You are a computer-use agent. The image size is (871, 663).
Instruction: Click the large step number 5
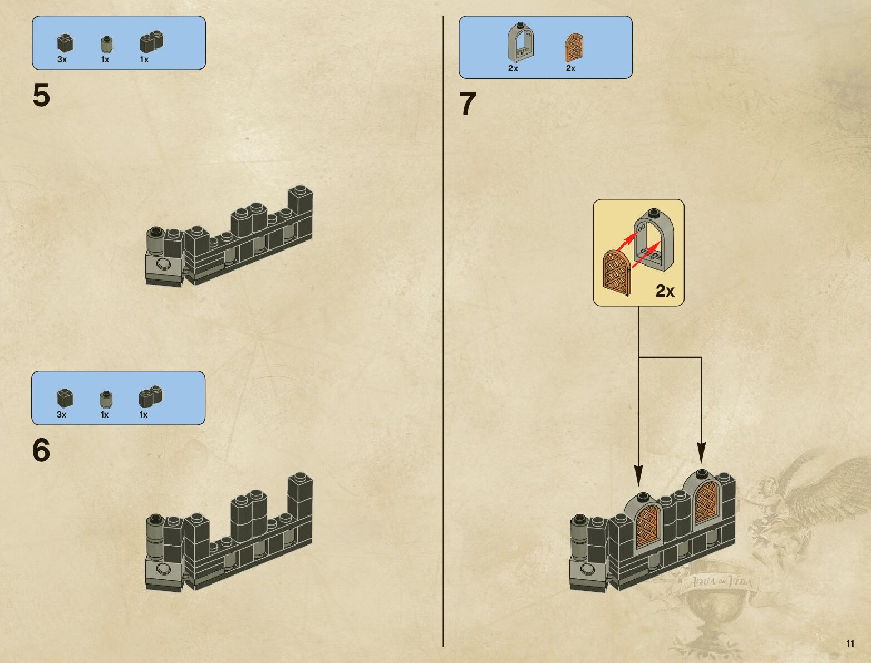click(x=41, y=95)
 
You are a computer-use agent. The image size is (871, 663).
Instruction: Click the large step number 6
click(x=41, y=450)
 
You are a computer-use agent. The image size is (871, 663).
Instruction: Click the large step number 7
click(x=468, y=104)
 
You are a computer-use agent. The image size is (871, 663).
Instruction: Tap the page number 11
click(x=850, y=644)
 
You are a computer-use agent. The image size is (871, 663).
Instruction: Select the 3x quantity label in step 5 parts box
click(x=62, y=60)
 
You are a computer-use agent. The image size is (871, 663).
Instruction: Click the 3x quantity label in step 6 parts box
click(x=61, y=415)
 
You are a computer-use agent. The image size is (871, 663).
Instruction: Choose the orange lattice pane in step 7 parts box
click(x=574, y=47)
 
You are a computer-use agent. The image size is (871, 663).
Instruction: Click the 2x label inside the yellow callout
click(x=665, y=291)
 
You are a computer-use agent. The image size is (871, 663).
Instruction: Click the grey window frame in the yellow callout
click(x=655, y=239)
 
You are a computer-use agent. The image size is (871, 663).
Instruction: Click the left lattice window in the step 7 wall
click(x=648, y=526)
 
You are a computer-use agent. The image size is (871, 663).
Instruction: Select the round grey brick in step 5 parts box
click(x=106, y=44)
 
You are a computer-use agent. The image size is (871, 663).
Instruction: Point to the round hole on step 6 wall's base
click(x=163, y=569)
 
